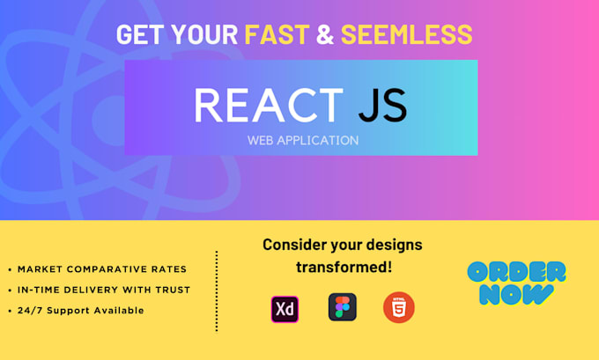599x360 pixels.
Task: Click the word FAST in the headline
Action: tap(275, 34)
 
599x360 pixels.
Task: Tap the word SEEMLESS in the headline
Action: tap(406, 34)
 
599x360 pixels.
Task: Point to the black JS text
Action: tap(382, 106)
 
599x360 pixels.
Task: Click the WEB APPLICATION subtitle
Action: tap(301, 139)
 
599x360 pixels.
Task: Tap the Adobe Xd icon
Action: tap(285, 308)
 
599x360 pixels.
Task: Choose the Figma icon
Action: tap(342, 307)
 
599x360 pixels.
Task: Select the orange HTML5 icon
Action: tap(398, 307)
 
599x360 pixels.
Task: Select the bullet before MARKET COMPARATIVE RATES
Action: tap(10, 269)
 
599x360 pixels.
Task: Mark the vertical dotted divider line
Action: tap(217, 290)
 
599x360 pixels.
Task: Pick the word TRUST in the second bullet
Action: tap(172, 290)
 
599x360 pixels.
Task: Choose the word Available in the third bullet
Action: tap(119, 311)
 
